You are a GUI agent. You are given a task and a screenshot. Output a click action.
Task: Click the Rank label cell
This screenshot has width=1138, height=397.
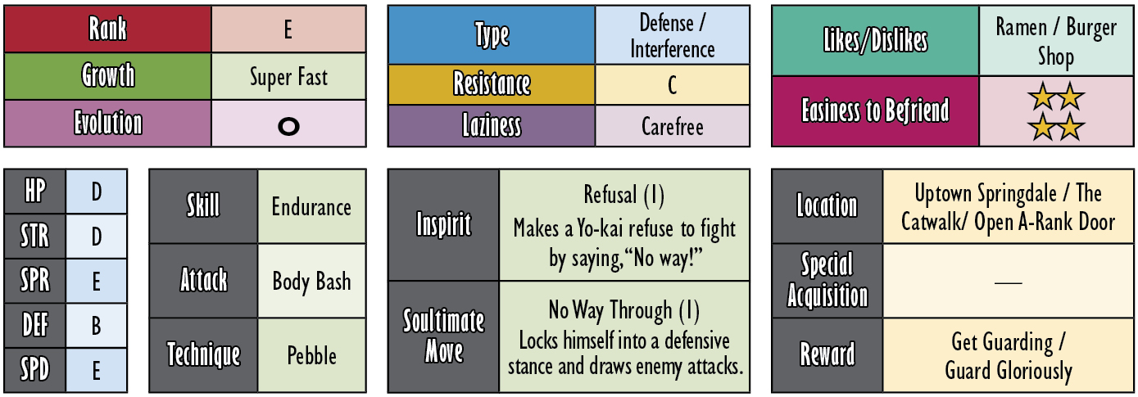(x=107, y=29)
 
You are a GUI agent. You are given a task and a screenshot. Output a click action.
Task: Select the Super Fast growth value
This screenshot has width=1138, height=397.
(x=288, y=77)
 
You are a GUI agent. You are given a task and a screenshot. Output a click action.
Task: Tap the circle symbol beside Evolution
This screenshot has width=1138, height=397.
(x=288, y=126)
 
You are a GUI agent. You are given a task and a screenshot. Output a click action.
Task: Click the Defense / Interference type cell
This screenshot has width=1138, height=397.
(x=672, y=35)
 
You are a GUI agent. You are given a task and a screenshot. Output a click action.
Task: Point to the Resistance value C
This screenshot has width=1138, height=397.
(x=672, y=85)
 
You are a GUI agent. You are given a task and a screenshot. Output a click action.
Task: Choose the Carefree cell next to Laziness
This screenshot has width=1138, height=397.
(x=672, y=126)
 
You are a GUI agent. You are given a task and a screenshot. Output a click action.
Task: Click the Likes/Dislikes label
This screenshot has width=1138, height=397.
(x=875, y=41)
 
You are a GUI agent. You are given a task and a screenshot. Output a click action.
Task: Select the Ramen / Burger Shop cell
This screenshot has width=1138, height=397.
(x=1056, y=41)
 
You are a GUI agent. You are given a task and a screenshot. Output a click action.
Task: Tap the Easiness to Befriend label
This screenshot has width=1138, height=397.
(x=875, y=111)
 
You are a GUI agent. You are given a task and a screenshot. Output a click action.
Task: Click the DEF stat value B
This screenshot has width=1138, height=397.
(x=96, y=326)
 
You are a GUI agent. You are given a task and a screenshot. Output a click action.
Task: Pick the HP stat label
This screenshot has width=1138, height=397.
(x=35, y=192)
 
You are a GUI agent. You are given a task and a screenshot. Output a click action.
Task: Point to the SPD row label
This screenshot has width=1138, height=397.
(x=35, y=370)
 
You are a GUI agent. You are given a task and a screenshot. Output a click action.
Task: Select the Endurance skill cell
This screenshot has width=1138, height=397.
(x=311, y=206)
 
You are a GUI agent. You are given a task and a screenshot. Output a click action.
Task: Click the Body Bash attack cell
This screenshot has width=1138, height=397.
(x=311, y=281)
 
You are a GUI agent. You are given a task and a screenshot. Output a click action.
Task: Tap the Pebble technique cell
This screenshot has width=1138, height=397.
(x=311, y=355)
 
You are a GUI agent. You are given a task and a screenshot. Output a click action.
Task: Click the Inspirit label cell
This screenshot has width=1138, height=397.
(x=443, y=225)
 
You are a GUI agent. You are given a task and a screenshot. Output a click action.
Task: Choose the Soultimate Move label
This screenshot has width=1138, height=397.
(x=443, y=336)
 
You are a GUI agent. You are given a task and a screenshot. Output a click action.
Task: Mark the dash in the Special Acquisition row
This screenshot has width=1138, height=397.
(x=1008, y=282)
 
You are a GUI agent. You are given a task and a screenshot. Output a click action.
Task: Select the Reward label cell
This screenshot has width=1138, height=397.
(x=827, y=355)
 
